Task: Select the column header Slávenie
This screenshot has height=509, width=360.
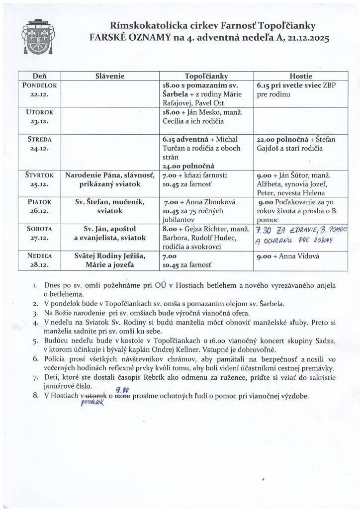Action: tap(109, 76)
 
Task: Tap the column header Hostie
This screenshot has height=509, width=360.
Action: tap(300, 76)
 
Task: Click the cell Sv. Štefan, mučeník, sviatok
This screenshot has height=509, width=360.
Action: tap(109, 206)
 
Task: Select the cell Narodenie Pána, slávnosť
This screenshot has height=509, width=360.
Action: tap(109, 175)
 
